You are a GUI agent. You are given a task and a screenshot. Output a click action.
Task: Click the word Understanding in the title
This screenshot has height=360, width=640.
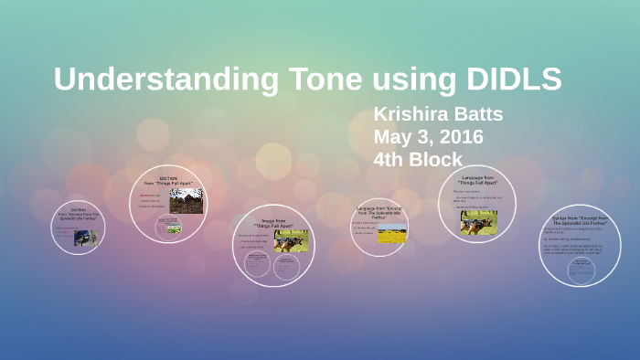(x=166, y=79)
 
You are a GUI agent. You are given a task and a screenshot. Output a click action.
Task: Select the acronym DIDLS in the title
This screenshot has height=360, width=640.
(x=513, y=79)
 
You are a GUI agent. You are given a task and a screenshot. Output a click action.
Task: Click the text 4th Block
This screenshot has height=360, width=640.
(x=418, y=159)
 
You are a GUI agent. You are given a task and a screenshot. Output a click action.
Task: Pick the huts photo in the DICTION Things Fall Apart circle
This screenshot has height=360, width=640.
(x=186, y=201)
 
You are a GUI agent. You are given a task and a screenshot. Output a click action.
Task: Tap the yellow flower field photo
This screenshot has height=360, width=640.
(x=391, y=234)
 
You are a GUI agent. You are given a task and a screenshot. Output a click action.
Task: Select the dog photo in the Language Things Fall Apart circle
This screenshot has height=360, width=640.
(x=478, y=222)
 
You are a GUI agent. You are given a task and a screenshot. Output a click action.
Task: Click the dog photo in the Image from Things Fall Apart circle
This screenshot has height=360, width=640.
(x=290, y=240)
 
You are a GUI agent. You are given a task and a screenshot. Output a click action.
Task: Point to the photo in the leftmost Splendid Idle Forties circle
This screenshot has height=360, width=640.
(x=86, y=237)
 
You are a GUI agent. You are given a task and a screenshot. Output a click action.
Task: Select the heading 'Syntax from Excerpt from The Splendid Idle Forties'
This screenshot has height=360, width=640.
(x=580, y=221)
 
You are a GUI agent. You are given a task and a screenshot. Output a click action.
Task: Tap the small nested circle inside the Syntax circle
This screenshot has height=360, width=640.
(x=580, y=269)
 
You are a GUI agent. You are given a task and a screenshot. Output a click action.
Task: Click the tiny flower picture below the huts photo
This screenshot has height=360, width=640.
(x=173, y=230)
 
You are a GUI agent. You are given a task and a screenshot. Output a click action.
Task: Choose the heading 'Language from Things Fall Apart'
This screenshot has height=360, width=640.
(x=477, y=180)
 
